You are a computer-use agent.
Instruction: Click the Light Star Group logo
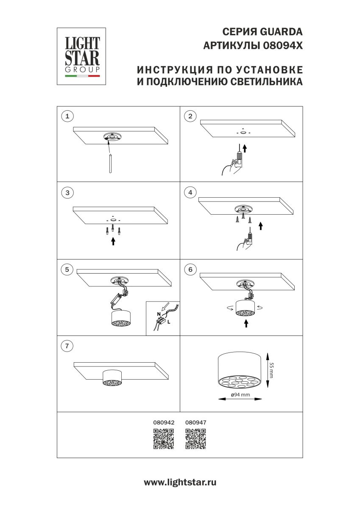[x=81, y=56]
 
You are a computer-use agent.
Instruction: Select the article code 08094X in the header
[x=283, y=45]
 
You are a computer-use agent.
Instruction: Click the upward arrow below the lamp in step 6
[x=246, y=324]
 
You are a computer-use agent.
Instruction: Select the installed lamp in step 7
[x=112, y=378]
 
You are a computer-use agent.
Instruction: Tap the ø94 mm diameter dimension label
[x=240, y=394]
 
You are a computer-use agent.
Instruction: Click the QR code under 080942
[x=163, y=439]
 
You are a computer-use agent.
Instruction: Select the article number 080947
[x=196, y=422]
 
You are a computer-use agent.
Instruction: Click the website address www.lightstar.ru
[x=180, y=482]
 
